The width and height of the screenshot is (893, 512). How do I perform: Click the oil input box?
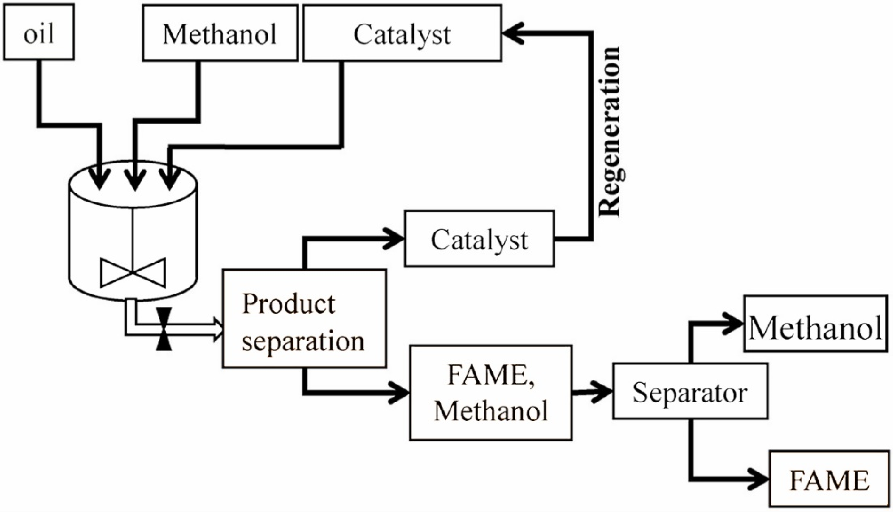[x=39, y=32]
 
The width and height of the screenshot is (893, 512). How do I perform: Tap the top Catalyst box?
[x=402, y=33]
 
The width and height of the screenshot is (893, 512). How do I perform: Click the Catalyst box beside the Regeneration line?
[x=479, y=239]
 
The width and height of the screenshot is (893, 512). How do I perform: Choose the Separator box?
[x=690, y=391]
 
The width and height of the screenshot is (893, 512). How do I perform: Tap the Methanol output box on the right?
[x=816, y=323]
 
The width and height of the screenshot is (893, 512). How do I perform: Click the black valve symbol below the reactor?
[x=164, y=329]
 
